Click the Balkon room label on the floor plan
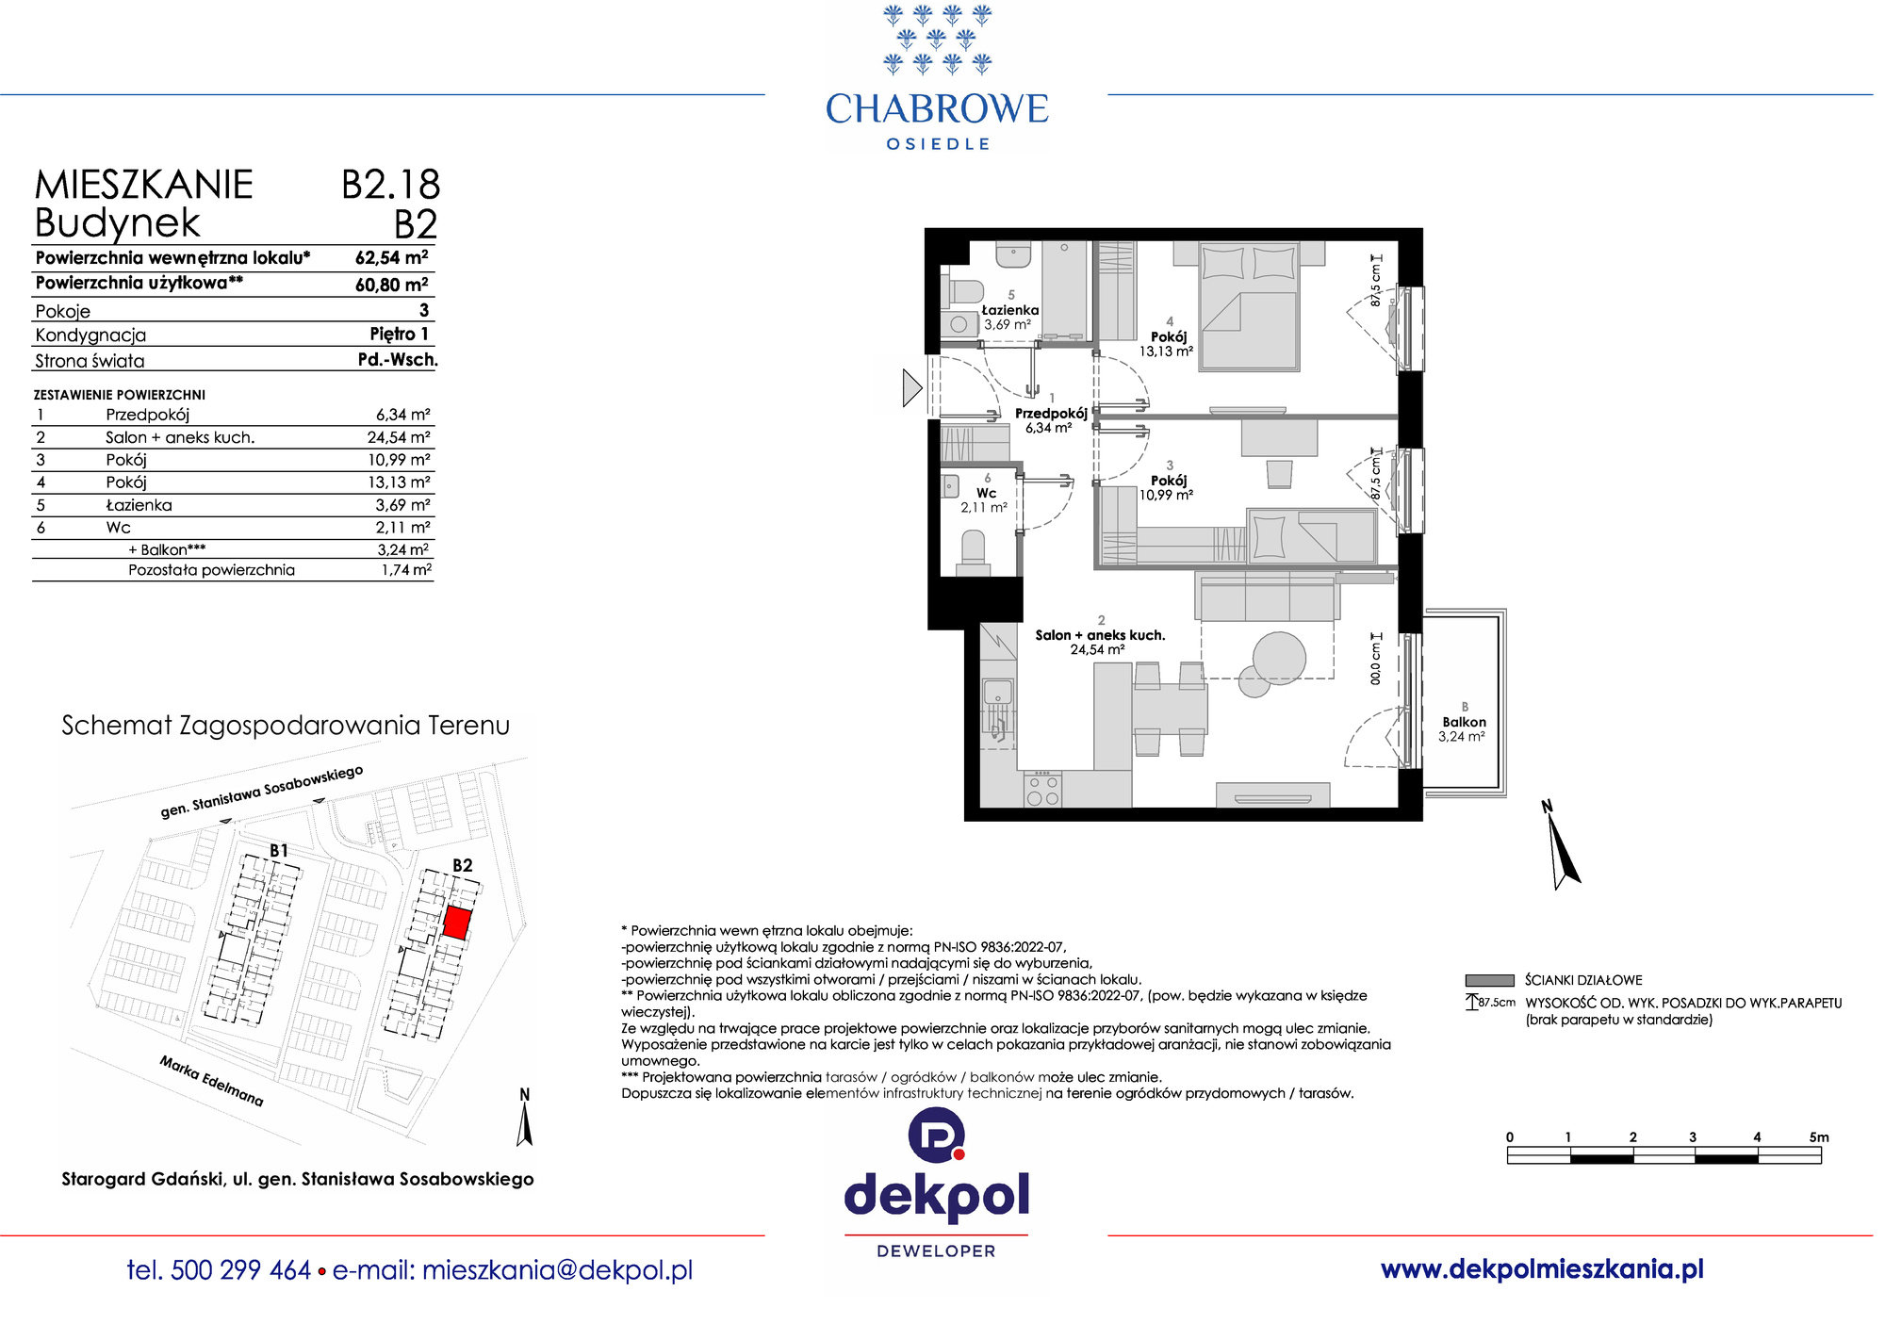1463,722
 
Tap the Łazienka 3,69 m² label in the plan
1009,317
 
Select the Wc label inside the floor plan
986,493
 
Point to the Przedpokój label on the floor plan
1051,414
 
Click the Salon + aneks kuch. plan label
1100,635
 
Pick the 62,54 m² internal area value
391,257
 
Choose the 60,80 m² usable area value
391,284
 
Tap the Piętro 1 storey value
400,334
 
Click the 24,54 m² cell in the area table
399,437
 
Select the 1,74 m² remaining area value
406,570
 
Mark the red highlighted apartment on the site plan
457,923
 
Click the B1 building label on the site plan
279,850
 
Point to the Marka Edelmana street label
211,1081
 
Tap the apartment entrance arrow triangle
911,387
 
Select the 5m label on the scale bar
1819,1137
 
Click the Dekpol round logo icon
936,1136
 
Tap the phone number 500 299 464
241,1270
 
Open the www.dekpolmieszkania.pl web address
1542,1269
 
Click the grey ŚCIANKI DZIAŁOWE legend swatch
1489,980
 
